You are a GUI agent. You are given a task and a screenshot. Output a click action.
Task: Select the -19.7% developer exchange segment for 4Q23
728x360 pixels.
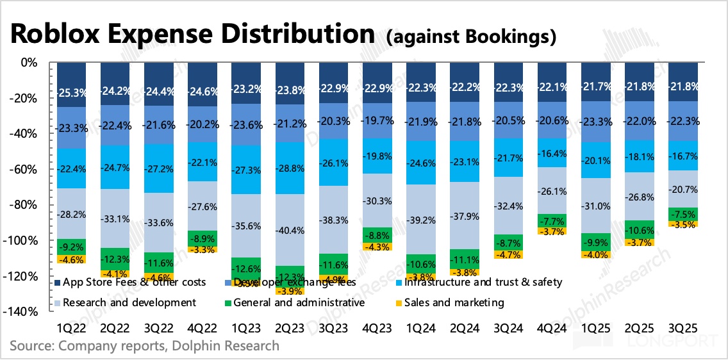pos(377,121)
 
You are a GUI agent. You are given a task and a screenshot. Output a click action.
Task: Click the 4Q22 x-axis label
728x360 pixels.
pos(203,328)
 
